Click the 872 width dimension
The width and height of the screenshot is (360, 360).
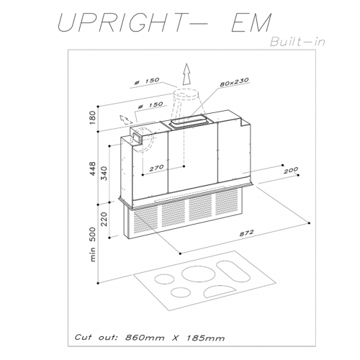[x=246, y=233]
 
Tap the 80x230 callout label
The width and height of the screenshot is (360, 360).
[x=234, y=82]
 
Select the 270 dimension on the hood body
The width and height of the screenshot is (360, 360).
[x=156, y=168]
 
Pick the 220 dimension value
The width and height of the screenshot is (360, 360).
[x=104, y=219]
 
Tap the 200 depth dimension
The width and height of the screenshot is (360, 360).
[x=291, y=171]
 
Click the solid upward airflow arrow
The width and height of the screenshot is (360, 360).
[x=186, y=74]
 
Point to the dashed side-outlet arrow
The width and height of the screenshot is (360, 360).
[x=126, y=120]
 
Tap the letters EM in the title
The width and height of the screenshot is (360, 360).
[x=251, y=23]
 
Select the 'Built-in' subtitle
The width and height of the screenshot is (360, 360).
[x=297, y=42]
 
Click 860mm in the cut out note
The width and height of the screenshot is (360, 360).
[x=145, y=338]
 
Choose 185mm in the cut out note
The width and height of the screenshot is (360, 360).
[x=205, y=338]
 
